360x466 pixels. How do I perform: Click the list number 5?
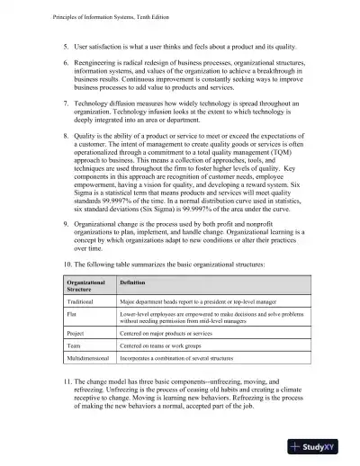point(65,45)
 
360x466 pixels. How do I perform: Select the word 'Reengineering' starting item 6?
point(97,61)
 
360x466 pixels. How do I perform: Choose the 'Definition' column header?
point(132,282)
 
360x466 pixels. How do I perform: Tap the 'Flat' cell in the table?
point(74,316)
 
